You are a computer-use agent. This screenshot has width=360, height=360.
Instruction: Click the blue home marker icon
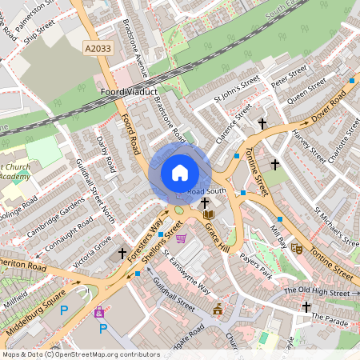[180, 172]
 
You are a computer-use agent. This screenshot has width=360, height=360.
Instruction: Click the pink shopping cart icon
[181, 238]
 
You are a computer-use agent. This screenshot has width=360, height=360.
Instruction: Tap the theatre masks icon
[297, 249]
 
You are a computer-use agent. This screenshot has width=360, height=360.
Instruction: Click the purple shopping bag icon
[99, 313]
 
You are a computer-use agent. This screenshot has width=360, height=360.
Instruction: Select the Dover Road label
[329, 104]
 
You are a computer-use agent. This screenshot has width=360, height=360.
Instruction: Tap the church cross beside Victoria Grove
[122, 254]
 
